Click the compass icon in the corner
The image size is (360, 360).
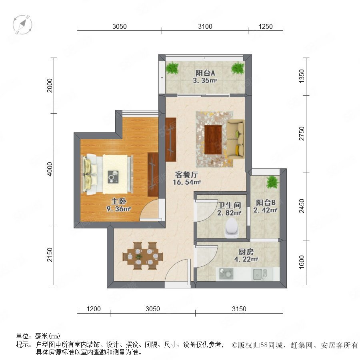coord(22,24)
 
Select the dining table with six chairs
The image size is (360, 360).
coord(143,256)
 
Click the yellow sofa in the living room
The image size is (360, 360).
coord(235,139)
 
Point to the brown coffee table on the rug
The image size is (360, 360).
coord(213,140)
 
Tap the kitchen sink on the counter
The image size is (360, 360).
coord(260,274)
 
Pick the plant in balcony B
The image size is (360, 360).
coord(272,182)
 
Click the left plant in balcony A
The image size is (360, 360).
coord(172,68)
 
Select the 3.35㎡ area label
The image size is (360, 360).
coord(205,80)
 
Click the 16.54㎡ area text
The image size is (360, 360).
coord(187,182)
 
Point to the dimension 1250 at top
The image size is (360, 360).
coord(266,27)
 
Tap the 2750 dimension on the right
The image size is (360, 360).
coord(302,134)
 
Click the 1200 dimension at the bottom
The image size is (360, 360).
coord(94,309)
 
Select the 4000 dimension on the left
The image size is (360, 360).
coord(50,169)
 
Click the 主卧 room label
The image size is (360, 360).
coord(119,201)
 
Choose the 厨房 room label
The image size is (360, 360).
coord(246,252)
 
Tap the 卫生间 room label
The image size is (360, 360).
coord(229,205)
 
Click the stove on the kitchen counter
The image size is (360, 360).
coord(226,274)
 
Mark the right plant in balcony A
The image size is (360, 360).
coord(238,68)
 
